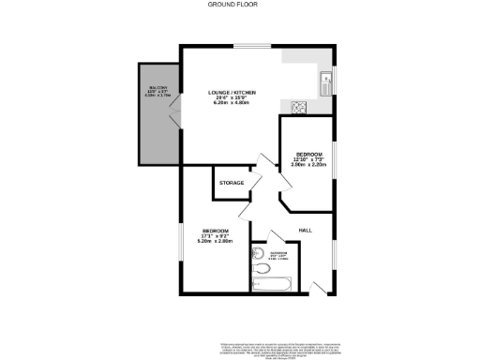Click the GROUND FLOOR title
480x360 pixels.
click(x=239, y=5)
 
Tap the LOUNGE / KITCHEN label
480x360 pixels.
click(x=232, y=92)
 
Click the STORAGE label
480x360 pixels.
click(x=232, y=183)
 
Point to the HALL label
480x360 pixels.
click(x=305, y=230)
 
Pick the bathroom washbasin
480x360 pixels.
click(x=256, y=251)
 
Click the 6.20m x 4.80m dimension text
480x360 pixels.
click(x=232, y=103)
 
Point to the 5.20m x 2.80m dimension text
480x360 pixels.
click(x=214, y=242)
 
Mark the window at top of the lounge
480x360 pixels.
click(x=247, y=47)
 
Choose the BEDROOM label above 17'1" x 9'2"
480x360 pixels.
click(x=214, y=230)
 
